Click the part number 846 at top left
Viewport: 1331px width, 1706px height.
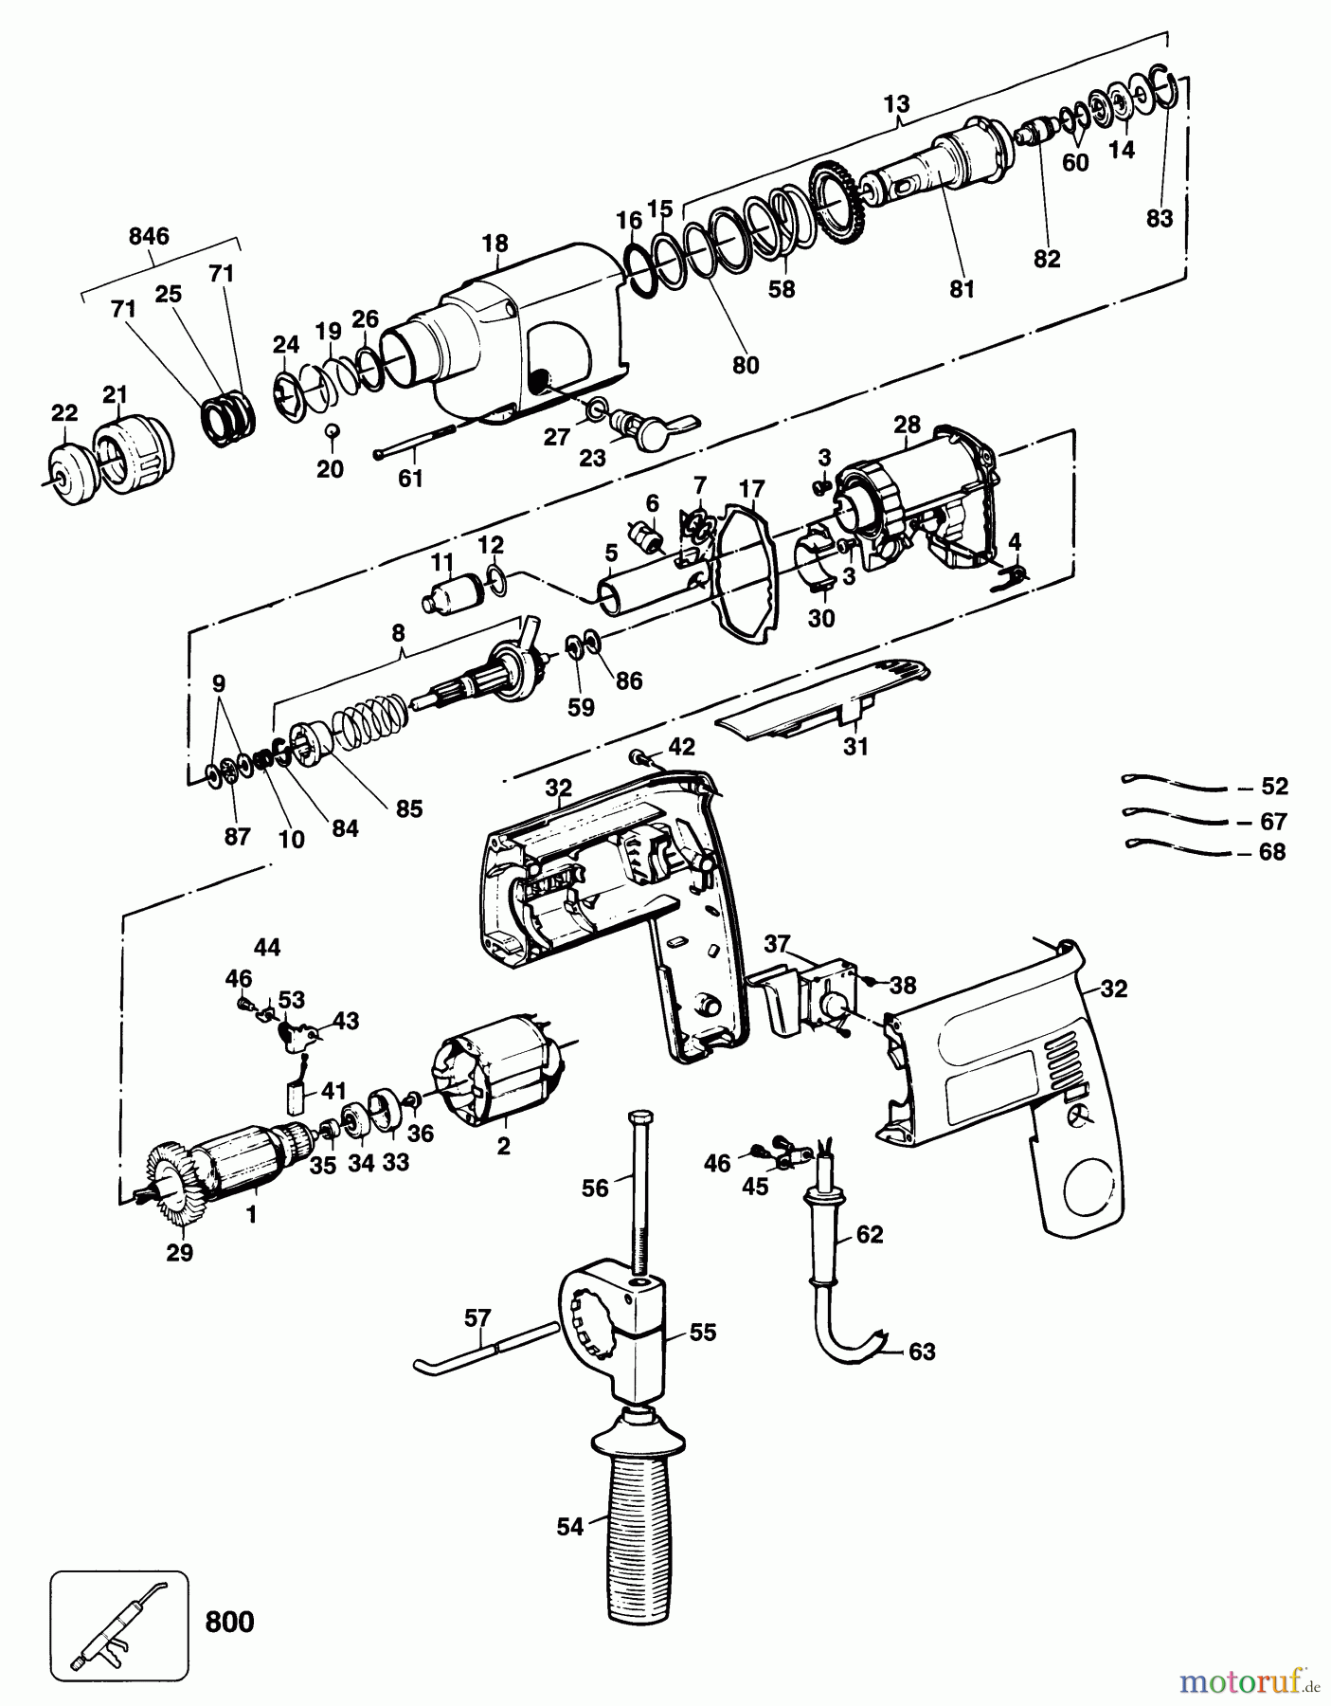point(149,236)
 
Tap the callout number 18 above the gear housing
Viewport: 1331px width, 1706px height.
point(495,244)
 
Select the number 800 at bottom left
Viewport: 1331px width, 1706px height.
point(229,1621)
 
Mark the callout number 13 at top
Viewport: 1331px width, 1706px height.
point(896,102)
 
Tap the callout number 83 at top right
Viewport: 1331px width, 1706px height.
point(1159,218)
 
